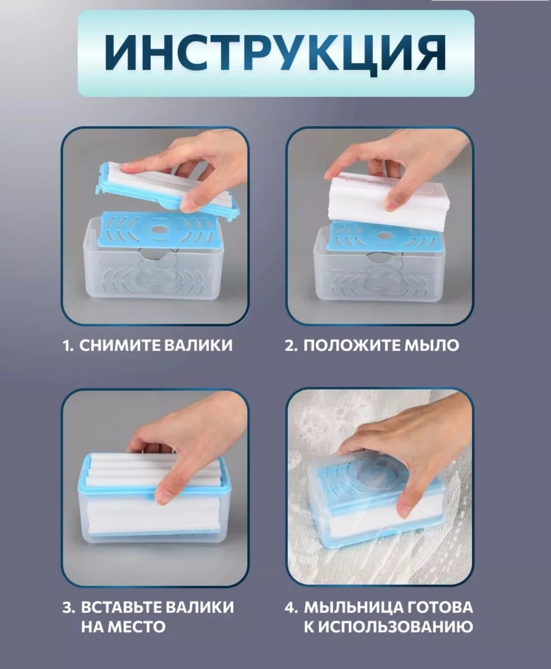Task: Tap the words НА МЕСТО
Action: coord(123,627)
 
